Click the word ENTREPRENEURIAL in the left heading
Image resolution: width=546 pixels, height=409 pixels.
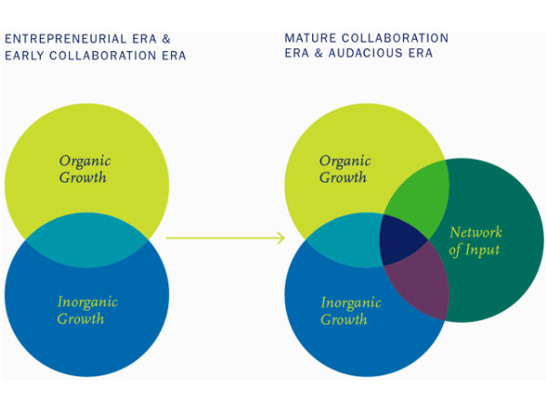[x=64, y=38]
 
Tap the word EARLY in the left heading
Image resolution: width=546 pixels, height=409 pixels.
[x=25, y=55]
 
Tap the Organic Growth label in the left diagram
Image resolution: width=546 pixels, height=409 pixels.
[x=85, y=169]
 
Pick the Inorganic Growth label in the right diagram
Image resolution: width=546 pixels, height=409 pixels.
[x=344, y=311]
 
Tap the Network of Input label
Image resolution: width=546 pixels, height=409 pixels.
[x=475, y=241]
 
